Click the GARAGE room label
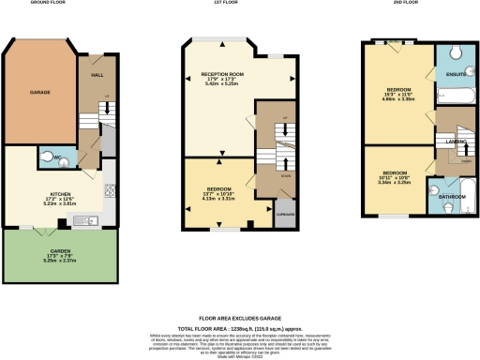[x=39, y=92]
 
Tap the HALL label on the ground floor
[x=97, y=74]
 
